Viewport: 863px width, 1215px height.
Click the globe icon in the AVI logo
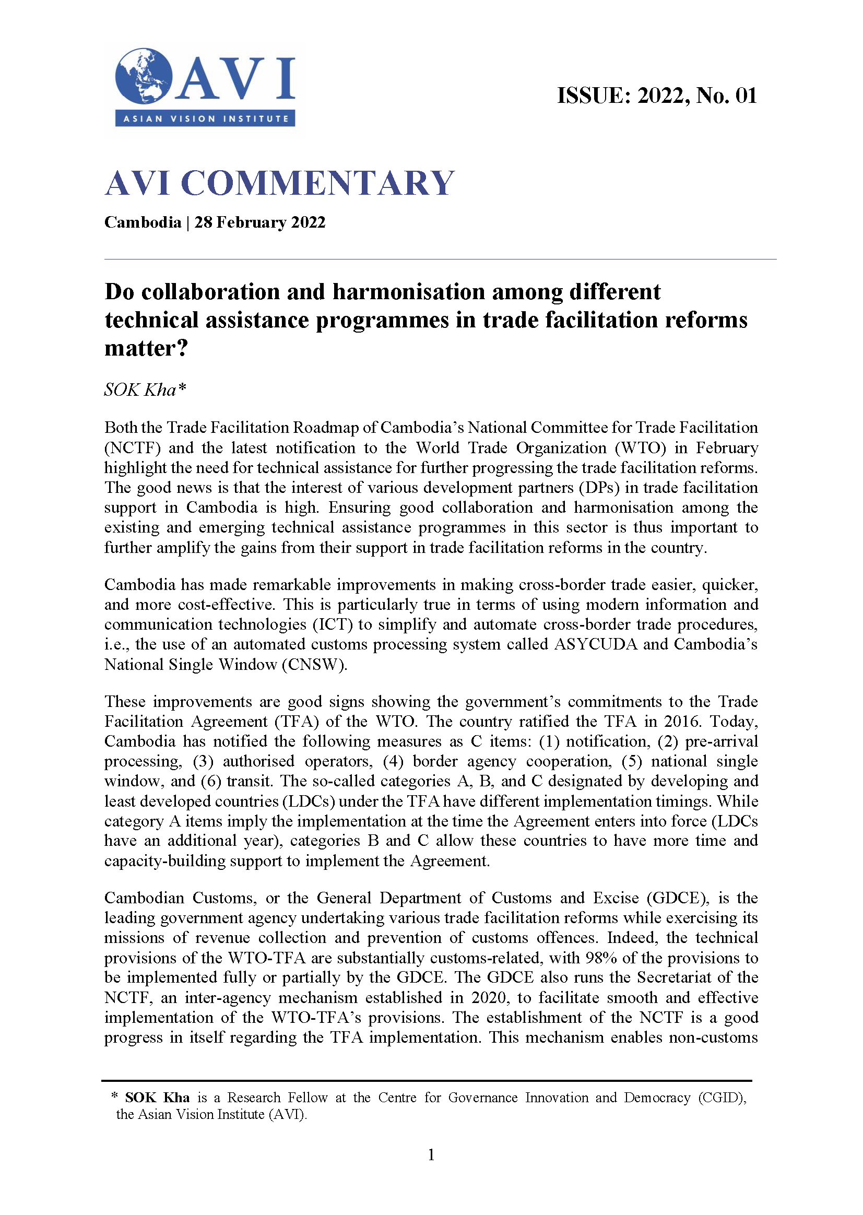pyautogui.click(x=144, y=76)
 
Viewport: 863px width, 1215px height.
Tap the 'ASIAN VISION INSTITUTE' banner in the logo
pyautogui.click(x=205, y=119)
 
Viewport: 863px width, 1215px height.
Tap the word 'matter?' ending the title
pyautogui.click(x=146, y=349)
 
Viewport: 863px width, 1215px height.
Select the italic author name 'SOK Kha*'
pyautogui.click(x=145, y=390)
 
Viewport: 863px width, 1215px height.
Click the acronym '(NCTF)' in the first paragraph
pyautogui.click(x=132, y=448)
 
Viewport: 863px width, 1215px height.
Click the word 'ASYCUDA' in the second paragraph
pyautogui.click(x=595, y=644)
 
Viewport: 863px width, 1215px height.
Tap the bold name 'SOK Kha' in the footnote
pyautogui.click(x=157, y=1098)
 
